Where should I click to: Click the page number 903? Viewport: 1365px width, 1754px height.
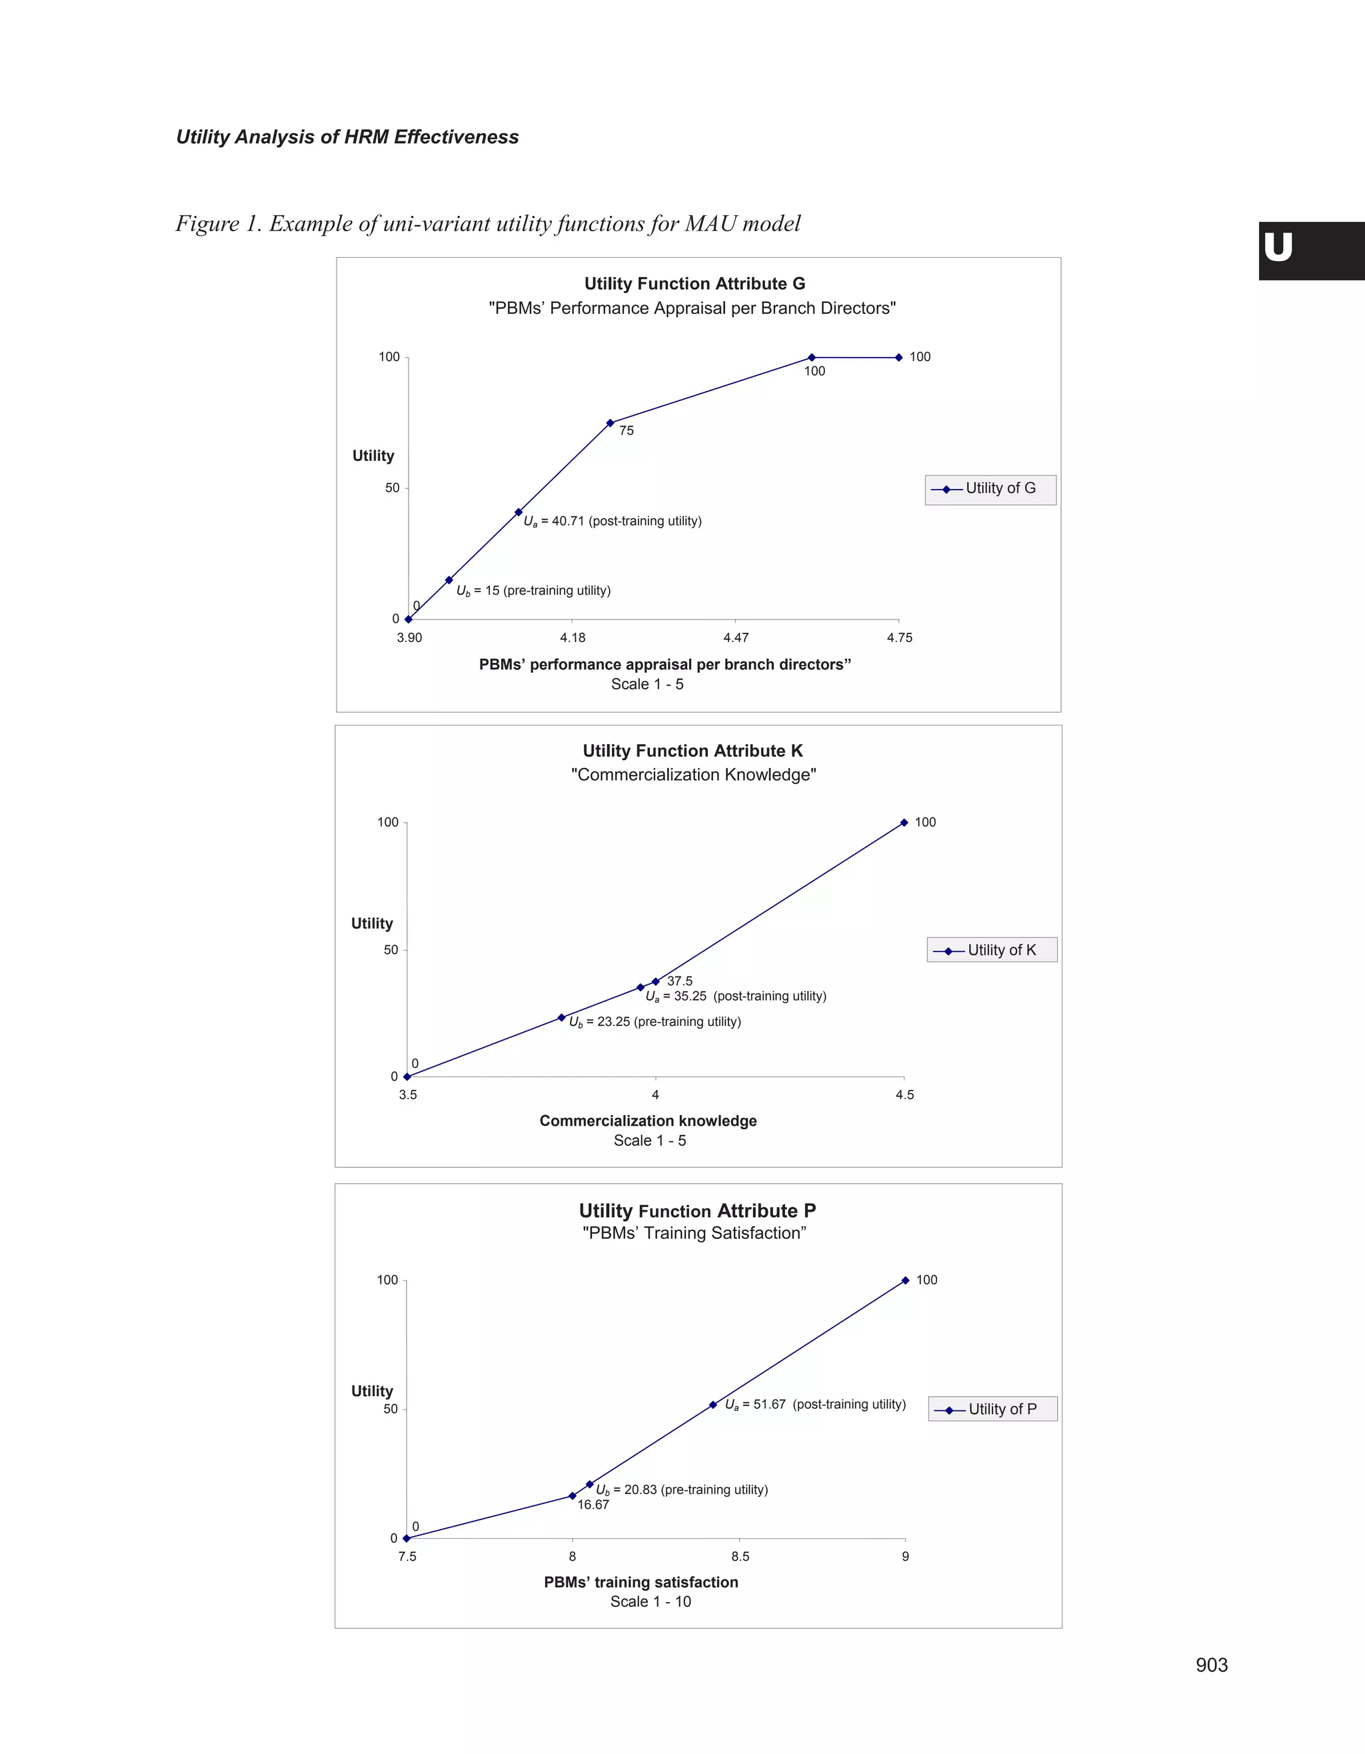(x=1211, y=1665)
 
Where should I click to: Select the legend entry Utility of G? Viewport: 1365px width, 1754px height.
(x=990, y=488)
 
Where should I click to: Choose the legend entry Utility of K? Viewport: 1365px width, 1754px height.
(x=992, y=950)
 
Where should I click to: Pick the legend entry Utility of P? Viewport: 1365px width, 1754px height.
(x=993, y=1409)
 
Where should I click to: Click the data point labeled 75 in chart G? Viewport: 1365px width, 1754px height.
(x=610, y=423)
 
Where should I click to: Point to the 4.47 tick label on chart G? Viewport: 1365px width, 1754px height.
(x=735, y=638)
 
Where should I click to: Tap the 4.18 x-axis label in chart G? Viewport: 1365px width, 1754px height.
(x=572, y=638)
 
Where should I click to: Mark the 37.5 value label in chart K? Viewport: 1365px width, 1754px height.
(x=680, y=981)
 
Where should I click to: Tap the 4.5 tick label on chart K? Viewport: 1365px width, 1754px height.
(x=904, y=1095)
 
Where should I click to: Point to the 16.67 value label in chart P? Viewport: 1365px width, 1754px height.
(x=593, y=1504)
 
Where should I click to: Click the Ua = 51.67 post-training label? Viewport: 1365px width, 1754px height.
(x=814, y=1405)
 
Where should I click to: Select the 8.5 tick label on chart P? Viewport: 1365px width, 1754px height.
(x=740, y=1556)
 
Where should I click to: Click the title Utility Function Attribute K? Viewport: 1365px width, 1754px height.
(x=692, y=751)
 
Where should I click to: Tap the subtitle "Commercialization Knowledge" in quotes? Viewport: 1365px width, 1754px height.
(x=693, y=775)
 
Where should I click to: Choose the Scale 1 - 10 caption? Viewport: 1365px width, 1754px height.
(x=650, y=1601)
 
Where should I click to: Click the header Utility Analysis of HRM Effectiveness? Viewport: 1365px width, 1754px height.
(x=347, y=137)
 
